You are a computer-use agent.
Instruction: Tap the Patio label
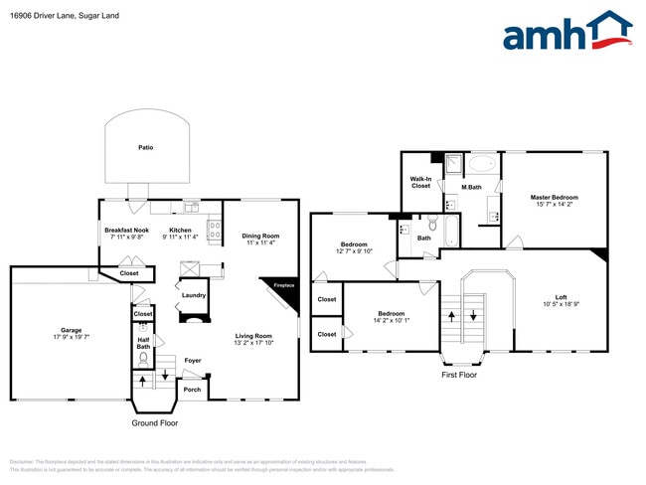coord(145,147)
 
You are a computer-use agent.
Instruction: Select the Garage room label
coord(71,330)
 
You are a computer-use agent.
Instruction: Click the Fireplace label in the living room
coord(284,286)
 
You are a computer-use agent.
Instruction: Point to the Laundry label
coord(193,295)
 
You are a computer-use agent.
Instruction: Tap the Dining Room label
coord(260,235)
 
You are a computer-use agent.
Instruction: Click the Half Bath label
coord(143,342)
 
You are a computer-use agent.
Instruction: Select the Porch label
coord(192,389)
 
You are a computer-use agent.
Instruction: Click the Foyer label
coord(193,361)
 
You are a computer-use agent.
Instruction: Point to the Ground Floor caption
coord(154,422)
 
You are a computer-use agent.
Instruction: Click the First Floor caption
coord(459,376)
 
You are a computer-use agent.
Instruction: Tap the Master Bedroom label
coord(554,197)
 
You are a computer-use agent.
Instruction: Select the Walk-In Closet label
coord(420,182)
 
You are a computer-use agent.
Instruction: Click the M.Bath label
coord(471,188)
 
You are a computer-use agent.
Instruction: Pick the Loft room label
coord(561,296)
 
